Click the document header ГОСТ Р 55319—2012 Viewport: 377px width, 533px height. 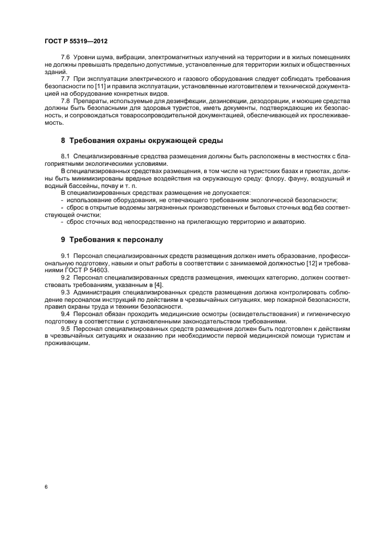(76, 42)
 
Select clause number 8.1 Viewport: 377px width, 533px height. (66, 155)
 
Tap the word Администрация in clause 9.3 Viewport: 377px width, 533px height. (99, 292)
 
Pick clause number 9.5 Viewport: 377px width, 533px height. (66, 329)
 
